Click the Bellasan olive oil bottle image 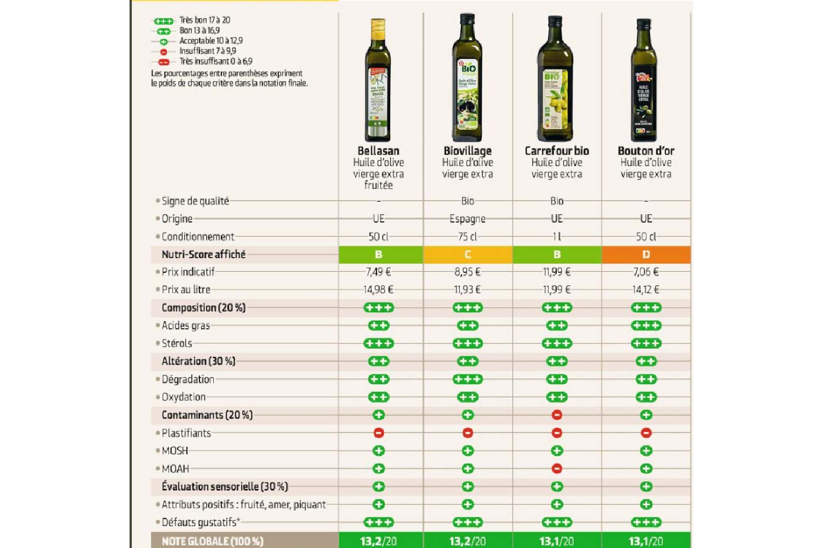[378, 81]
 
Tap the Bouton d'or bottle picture [644, 81]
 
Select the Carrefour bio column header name [557, 151]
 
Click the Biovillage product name [467, 151]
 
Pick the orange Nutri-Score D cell [646, 254]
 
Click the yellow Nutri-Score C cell [467, 254]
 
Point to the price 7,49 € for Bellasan [378, 272]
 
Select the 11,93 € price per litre [467, 289]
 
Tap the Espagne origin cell [467, 219]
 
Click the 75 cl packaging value [467, 237]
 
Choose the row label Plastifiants [186, 433]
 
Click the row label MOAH [175, 469]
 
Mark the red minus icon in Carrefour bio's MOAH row [557, 469]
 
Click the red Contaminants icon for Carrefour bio [557, 415]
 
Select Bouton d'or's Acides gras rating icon [646, 326]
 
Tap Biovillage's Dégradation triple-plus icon [467, 379]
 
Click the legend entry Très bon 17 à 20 [204, 20]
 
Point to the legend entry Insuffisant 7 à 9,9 [207, 51]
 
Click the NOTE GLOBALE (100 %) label [213, 541]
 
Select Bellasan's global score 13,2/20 [378, 541]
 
